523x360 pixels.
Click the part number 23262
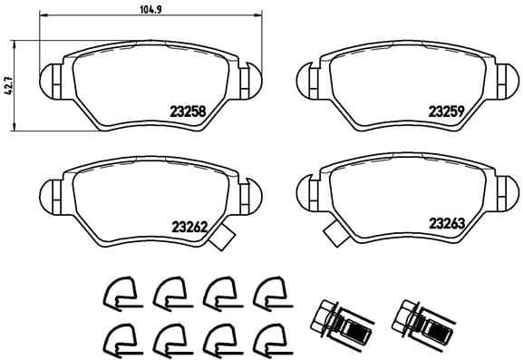pyautogui.click(x=189, y=227)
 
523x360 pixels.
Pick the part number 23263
pyautogui.click(x=447, y=222)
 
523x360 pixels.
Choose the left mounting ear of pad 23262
pyautogui.click(x=53, y=191)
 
